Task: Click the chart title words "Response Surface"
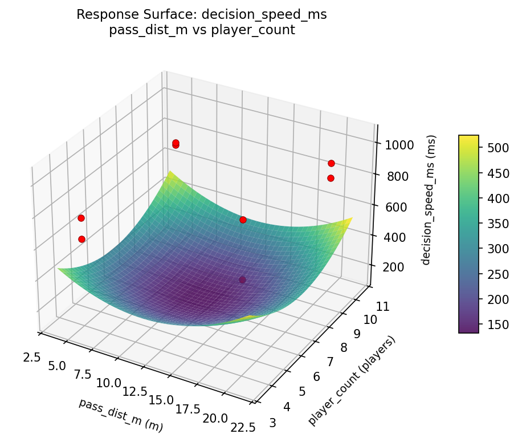pos(139,15)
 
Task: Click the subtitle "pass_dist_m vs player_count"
pos(202,30)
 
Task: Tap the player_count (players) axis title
pos(352,380)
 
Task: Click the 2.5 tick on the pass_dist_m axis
pos(31,357)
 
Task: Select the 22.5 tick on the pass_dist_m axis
pos(242,427)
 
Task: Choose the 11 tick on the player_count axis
pos(368,306)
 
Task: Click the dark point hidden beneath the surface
pos(243,279)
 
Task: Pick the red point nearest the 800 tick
pos(331,178)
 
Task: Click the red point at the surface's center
pos(243,220)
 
